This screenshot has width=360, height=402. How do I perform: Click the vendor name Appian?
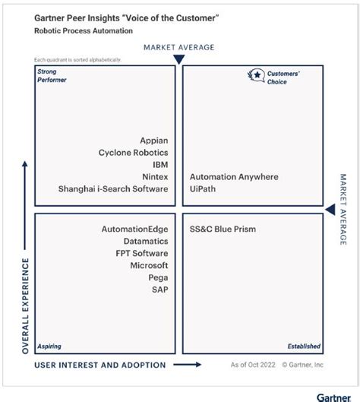point(153,141)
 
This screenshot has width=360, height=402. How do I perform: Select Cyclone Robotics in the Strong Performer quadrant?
point(133,153)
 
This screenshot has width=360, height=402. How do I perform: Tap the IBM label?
point(159,165)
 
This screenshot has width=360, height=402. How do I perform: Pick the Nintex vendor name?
point(154,177)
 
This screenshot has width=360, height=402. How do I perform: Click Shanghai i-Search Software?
point(113,189)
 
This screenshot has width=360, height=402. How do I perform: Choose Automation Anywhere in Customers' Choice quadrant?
point(234,177)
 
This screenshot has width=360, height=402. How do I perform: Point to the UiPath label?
point(203,189)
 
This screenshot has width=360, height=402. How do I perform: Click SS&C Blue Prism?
point(223,229)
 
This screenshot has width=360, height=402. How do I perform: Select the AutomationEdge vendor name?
point(134,229)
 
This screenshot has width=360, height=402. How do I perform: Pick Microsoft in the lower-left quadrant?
point(149,265)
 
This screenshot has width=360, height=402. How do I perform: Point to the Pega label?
point(158,277)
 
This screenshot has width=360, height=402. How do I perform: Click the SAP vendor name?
point(159,290)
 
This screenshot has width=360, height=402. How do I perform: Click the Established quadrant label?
point(303,347)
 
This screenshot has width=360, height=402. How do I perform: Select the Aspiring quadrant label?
point(49,347)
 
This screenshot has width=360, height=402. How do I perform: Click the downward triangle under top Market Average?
point(179,59)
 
